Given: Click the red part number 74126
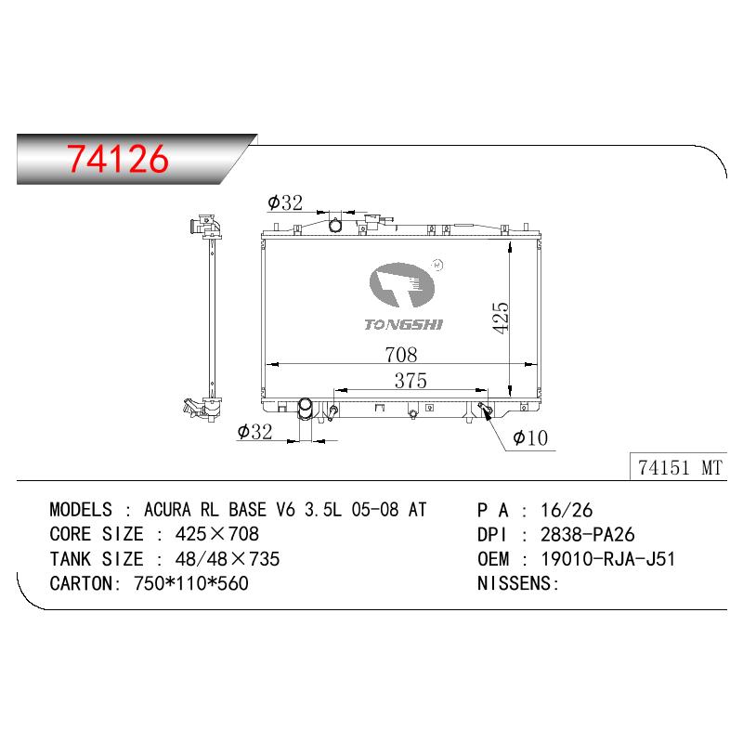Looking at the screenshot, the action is tap(118, 158).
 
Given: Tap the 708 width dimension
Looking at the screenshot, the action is tap(401, 355).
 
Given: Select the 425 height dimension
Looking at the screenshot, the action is tap(501, 318).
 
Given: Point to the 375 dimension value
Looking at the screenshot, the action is tap(411, 381).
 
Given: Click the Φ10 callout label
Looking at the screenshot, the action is tap(530, 437).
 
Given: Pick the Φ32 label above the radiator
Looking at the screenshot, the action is tap(285, 202).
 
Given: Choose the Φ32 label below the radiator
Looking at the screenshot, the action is tap(254, 432).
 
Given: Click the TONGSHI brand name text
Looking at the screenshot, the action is tap(403, 324).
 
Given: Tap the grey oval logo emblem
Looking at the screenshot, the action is tap(402, 284).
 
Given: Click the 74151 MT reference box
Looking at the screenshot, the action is tap(679, 467).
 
